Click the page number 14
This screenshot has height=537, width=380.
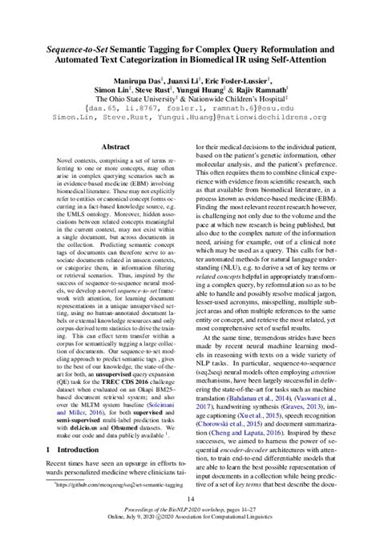[190, 501]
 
